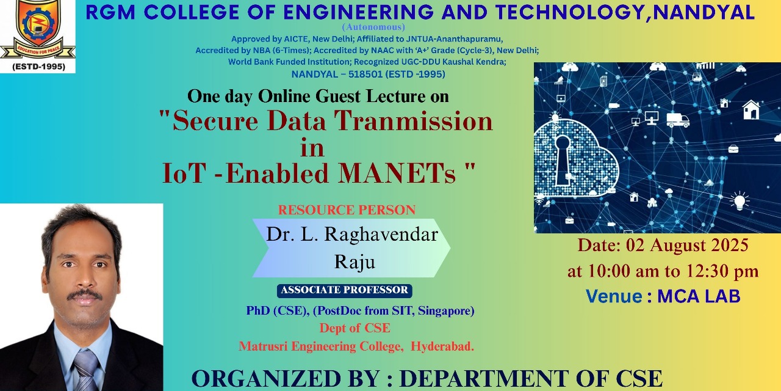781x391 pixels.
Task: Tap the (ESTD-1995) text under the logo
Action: [x=38, y=67]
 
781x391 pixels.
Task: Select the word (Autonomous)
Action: [x=373, y=27]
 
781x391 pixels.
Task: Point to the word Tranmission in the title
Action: [x=413, y=121]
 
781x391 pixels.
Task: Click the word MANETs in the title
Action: [x=397, y=173]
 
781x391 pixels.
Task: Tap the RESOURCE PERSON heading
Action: [x=347, y=210]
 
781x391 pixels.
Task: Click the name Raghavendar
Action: [x=381, y=235]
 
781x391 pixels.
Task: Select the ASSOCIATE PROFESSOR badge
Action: [x=345, y=290]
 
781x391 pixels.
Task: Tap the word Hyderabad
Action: [x=442, y=346]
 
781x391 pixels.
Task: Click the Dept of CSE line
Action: [x=355, y=328]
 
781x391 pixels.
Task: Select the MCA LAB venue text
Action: [x=699, y=296]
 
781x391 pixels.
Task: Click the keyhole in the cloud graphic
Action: [x=563, y=159]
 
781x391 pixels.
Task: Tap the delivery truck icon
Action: [x=678, y=120]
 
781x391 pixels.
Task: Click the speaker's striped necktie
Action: [x=86, y=371]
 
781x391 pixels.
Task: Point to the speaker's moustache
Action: [x=84, y=295]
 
